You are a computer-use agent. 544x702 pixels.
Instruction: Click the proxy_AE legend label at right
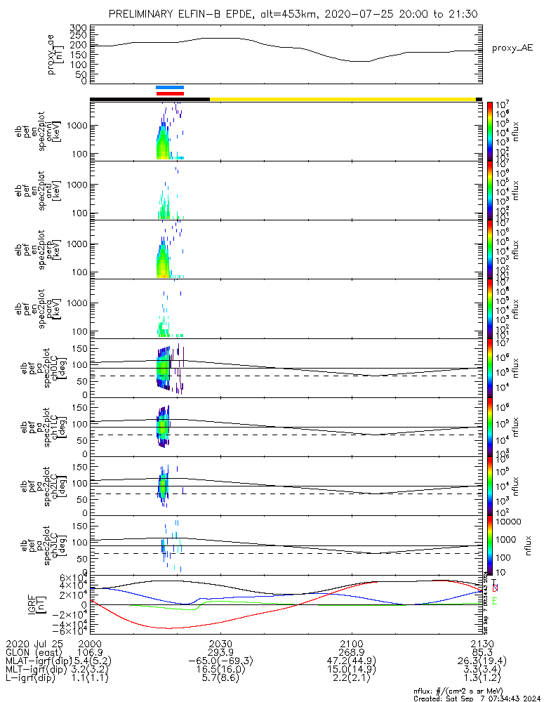(513, 48)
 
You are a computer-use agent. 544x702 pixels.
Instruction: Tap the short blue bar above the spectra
(170, 88)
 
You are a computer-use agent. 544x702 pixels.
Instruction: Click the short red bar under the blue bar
(170, 93)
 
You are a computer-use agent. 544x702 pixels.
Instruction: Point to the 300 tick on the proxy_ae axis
(78, 27)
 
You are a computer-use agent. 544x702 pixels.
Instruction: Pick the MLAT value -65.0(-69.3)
(220, 661)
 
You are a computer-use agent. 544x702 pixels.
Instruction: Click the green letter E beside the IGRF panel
(495, 602)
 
